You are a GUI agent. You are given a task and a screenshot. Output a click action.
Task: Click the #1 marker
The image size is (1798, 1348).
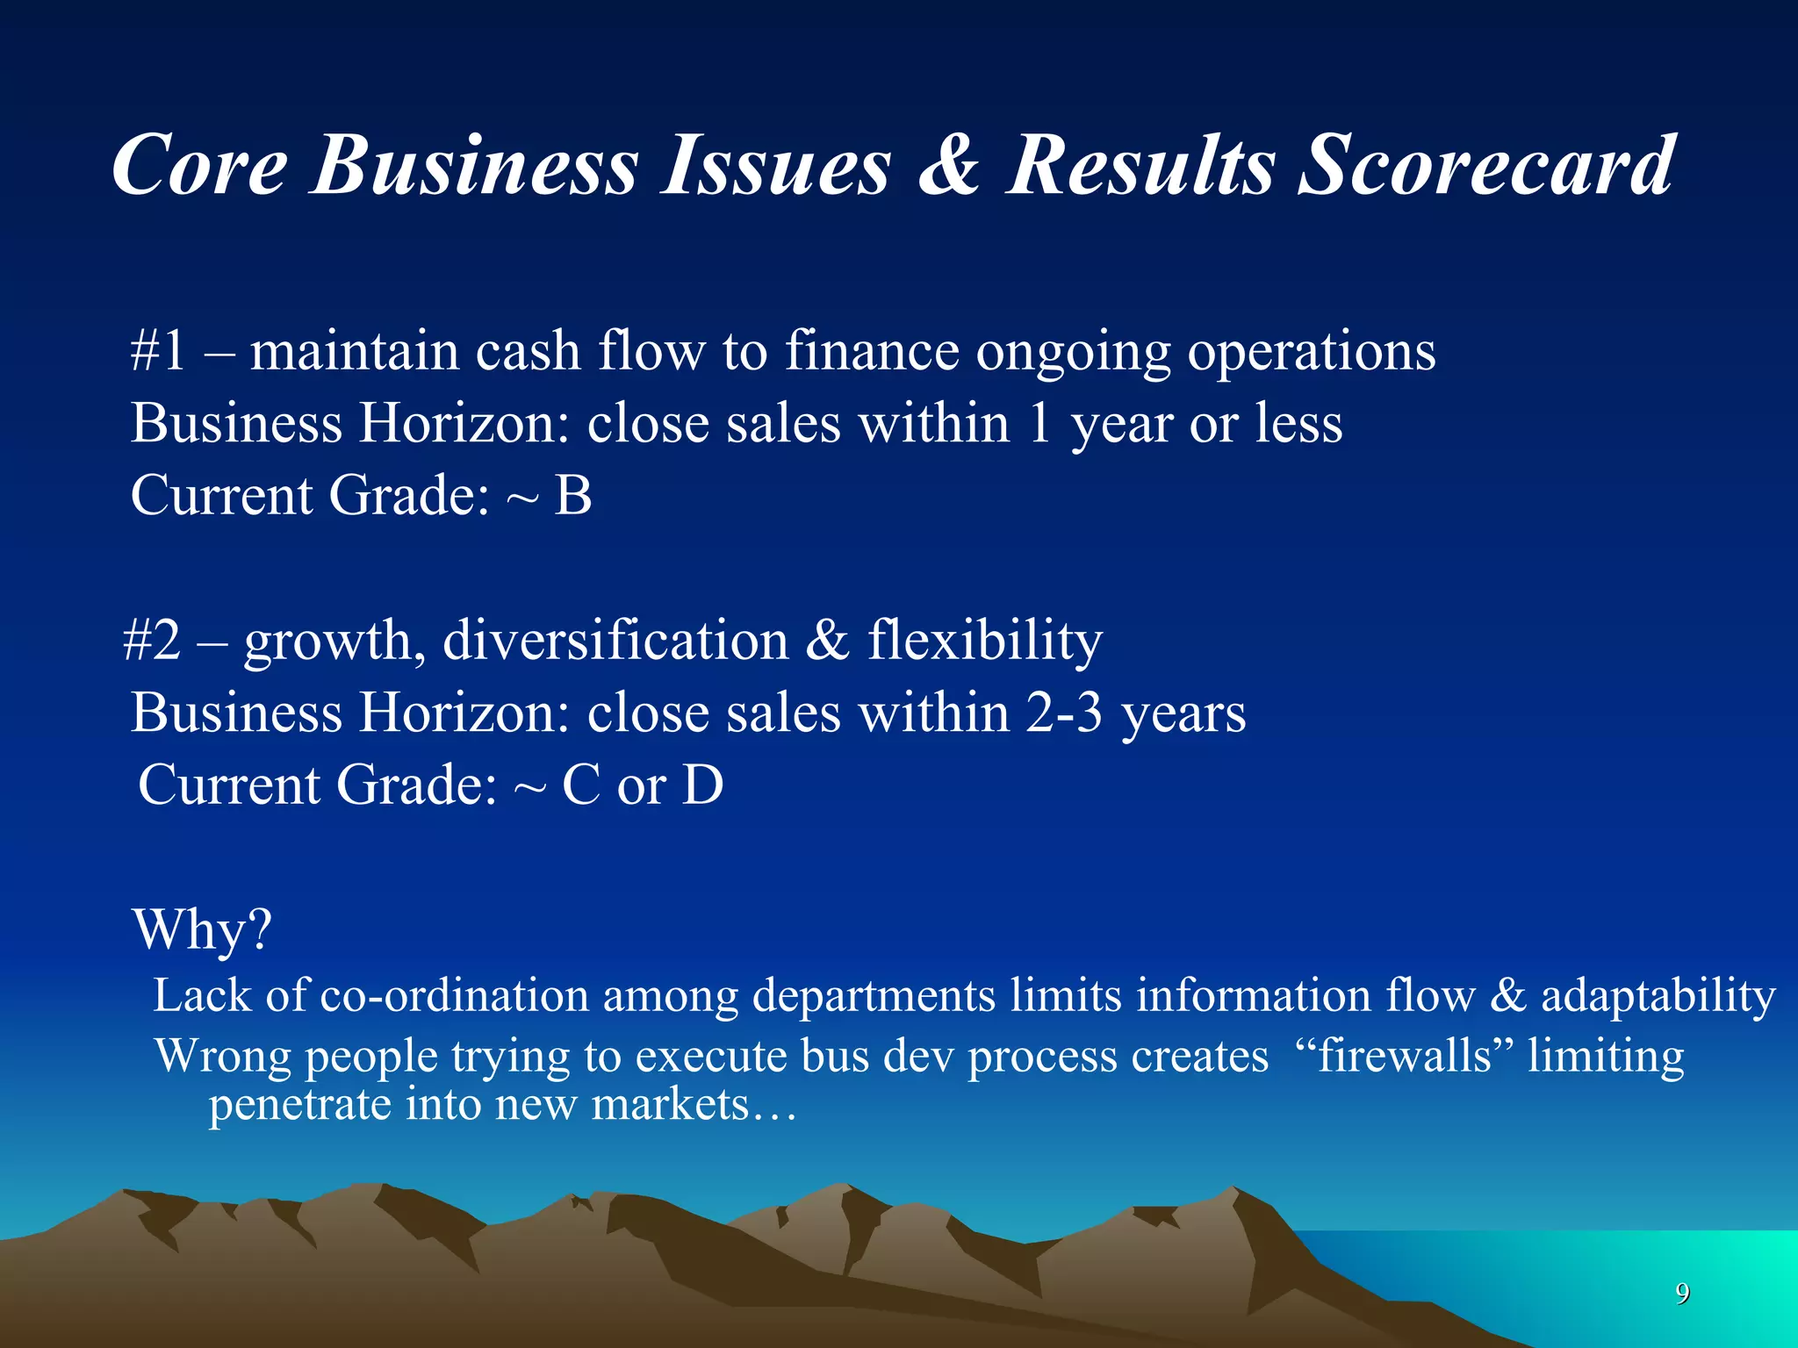158,351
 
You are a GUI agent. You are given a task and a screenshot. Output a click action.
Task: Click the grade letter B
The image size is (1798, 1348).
573,495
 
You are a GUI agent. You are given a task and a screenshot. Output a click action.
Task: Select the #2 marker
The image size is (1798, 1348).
152,640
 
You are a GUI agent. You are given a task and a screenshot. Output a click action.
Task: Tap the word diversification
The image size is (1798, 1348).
615,640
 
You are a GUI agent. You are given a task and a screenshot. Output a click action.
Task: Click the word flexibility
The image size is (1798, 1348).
984,640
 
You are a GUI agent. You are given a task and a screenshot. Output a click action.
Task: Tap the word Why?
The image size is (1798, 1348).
203,929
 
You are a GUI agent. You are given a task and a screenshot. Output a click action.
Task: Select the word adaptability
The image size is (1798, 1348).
1658,996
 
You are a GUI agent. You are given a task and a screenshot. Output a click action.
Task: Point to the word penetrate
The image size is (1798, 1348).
299,1105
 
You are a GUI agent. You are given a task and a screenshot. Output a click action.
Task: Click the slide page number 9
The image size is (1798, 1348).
1682,1293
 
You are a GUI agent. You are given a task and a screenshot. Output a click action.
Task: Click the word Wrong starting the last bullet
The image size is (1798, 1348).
223,1056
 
